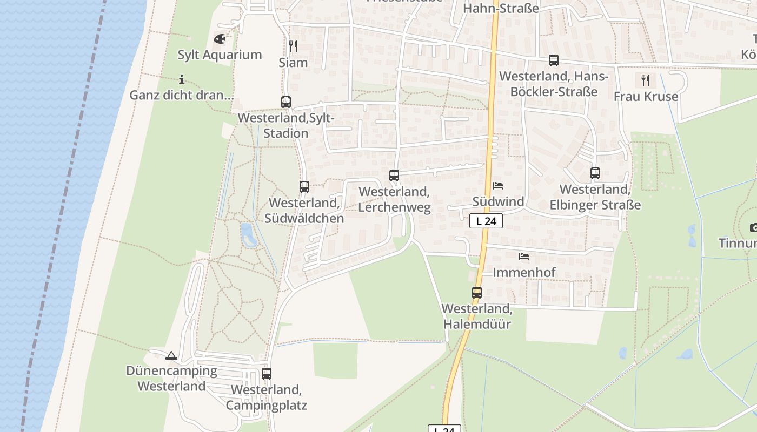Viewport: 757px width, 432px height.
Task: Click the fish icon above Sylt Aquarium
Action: pyautogui.click(x=220, y=39)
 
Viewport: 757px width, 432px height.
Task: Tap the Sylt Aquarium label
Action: pyautogui.click(x=220, y=55)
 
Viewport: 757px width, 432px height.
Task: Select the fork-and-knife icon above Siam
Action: pyautogui.click(x=293, y=46)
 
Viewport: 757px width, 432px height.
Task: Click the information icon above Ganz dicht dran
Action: pyautogui.click(x=182, y=80)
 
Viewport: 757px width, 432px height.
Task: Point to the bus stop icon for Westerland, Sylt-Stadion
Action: pyautogui.click(x=286, y=102)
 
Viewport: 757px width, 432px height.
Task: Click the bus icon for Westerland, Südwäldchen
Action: pyautogui.click(x=304, y=187)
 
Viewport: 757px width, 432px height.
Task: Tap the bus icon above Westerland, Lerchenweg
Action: pyautogui.click(x=394, y=175)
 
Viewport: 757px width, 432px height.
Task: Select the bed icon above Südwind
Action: pyautogui.click(x=498, y=186)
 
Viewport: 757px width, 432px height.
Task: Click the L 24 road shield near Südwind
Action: pyautogui.click(x=486, y=221)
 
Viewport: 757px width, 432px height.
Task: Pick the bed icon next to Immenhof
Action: pyautogui.click(x=523, y=256)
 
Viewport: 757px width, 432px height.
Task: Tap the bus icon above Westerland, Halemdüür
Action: pyautogui.click(x=476, y=293)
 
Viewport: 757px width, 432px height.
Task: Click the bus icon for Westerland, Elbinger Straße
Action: pyautogui.click(x=595, y=173)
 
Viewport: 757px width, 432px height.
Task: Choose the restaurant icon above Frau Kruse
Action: pyautogui.click(x=645, y=80)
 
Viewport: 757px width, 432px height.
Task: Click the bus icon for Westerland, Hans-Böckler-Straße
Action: pyautogui.click(x=554, y=60)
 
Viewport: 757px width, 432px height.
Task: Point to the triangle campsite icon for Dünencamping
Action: pyautogui.click(x=171, y=355)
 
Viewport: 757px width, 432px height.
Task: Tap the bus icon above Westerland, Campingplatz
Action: pyautogui.click(x=267, y=373)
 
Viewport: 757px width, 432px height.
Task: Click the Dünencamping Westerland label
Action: pyautogui.click(x=171, y=378)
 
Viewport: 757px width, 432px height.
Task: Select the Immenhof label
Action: pyautogui.click(x=524, y=272)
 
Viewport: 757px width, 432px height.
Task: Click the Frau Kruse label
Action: pyautogui.click(x=646, y=96)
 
